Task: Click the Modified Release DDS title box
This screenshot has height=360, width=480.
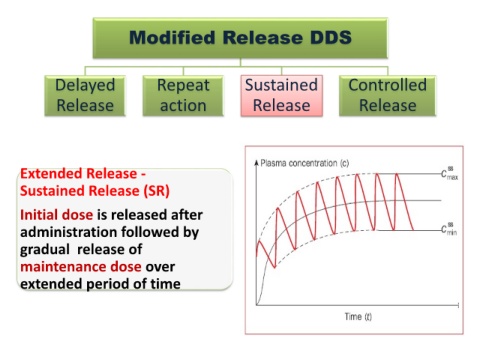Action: (x=240, y=38)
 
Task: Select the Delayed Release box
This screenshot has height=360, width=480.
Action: (x=85, y=96)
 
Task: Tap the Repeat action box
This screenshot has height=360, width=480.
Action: (x=183, y=96)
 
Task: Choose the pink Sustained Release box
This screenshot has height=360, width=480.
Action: (x=282, y=96)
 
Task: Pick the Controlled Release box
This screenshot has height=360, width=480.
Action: (x=388, y=96)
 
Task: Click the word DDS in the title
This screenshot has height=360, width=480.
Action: (x=331, y=37)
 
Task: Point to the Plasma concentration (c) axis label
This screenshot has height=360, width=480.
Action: (x=305, y=163)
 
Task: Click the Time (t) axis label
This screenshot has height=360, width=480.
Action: (x=358, y=316)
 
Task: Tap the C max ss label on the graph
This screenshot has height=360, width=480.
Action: (x=450, y=173)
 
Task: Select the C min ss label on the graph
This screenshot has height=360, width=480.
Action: (x=449, y=229)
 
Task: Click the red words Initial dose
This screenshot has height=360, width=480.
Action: (x=57, y=215)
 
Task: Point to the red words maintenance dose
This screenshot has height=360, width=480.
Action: (x=81, y=267)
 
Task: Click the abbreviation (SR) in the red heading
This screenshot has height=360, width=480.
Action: (x=157, y=191)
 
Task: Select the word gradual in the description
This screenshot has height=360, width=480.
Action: (x=45, y=250)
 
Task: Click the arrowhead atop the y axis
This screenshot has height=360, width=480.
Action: (x=256, y=163)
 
